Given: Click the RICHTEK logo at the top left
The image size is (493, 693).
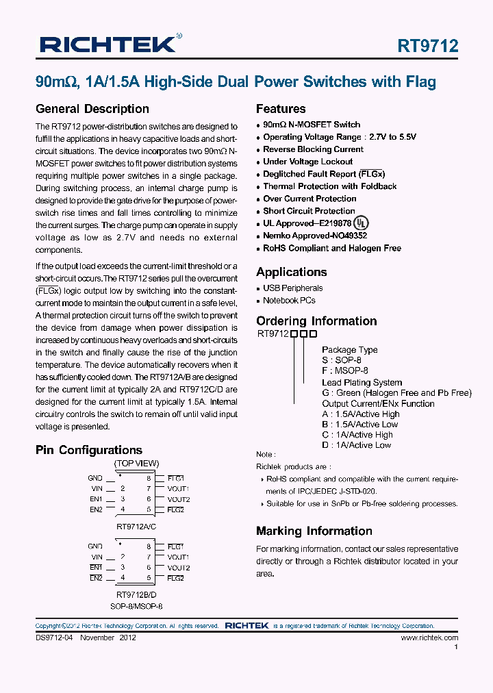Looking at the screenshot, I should [109, 45].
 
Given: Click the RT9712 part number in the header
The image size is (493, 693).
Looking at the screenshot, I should [427, 46].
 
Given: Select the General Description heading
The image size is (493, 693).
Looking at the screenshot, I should [92, 109].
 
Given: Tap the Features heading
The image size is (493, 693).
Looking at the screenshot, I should [281, 109].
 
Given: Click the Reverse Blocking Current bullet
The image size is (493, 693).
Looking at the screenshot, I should [313, 149].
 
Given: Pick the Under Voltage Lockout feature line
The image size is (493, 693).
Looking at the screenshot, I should [307, 162].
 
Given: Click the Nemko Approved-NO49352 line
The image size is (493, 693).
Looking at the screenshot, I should [315, 236].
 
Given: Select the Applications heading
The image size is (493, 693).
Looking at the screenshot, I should [291, 272].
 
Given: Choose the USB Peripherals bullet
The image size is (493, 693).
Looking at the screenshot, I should [292, 288].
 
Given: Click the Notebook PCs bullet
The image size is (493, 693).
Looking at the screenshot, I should [289, 301].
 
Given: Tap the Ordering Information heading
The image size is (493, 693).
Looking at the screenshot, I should [316, 321].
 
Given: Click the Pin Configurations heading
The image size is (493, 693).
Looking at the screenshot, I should [89, 450].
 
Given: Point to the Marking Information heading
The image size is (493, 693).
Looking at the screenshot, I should [314, 531].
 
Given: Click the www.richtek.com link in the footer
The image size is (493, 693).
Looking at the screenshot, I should [429, 638].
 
